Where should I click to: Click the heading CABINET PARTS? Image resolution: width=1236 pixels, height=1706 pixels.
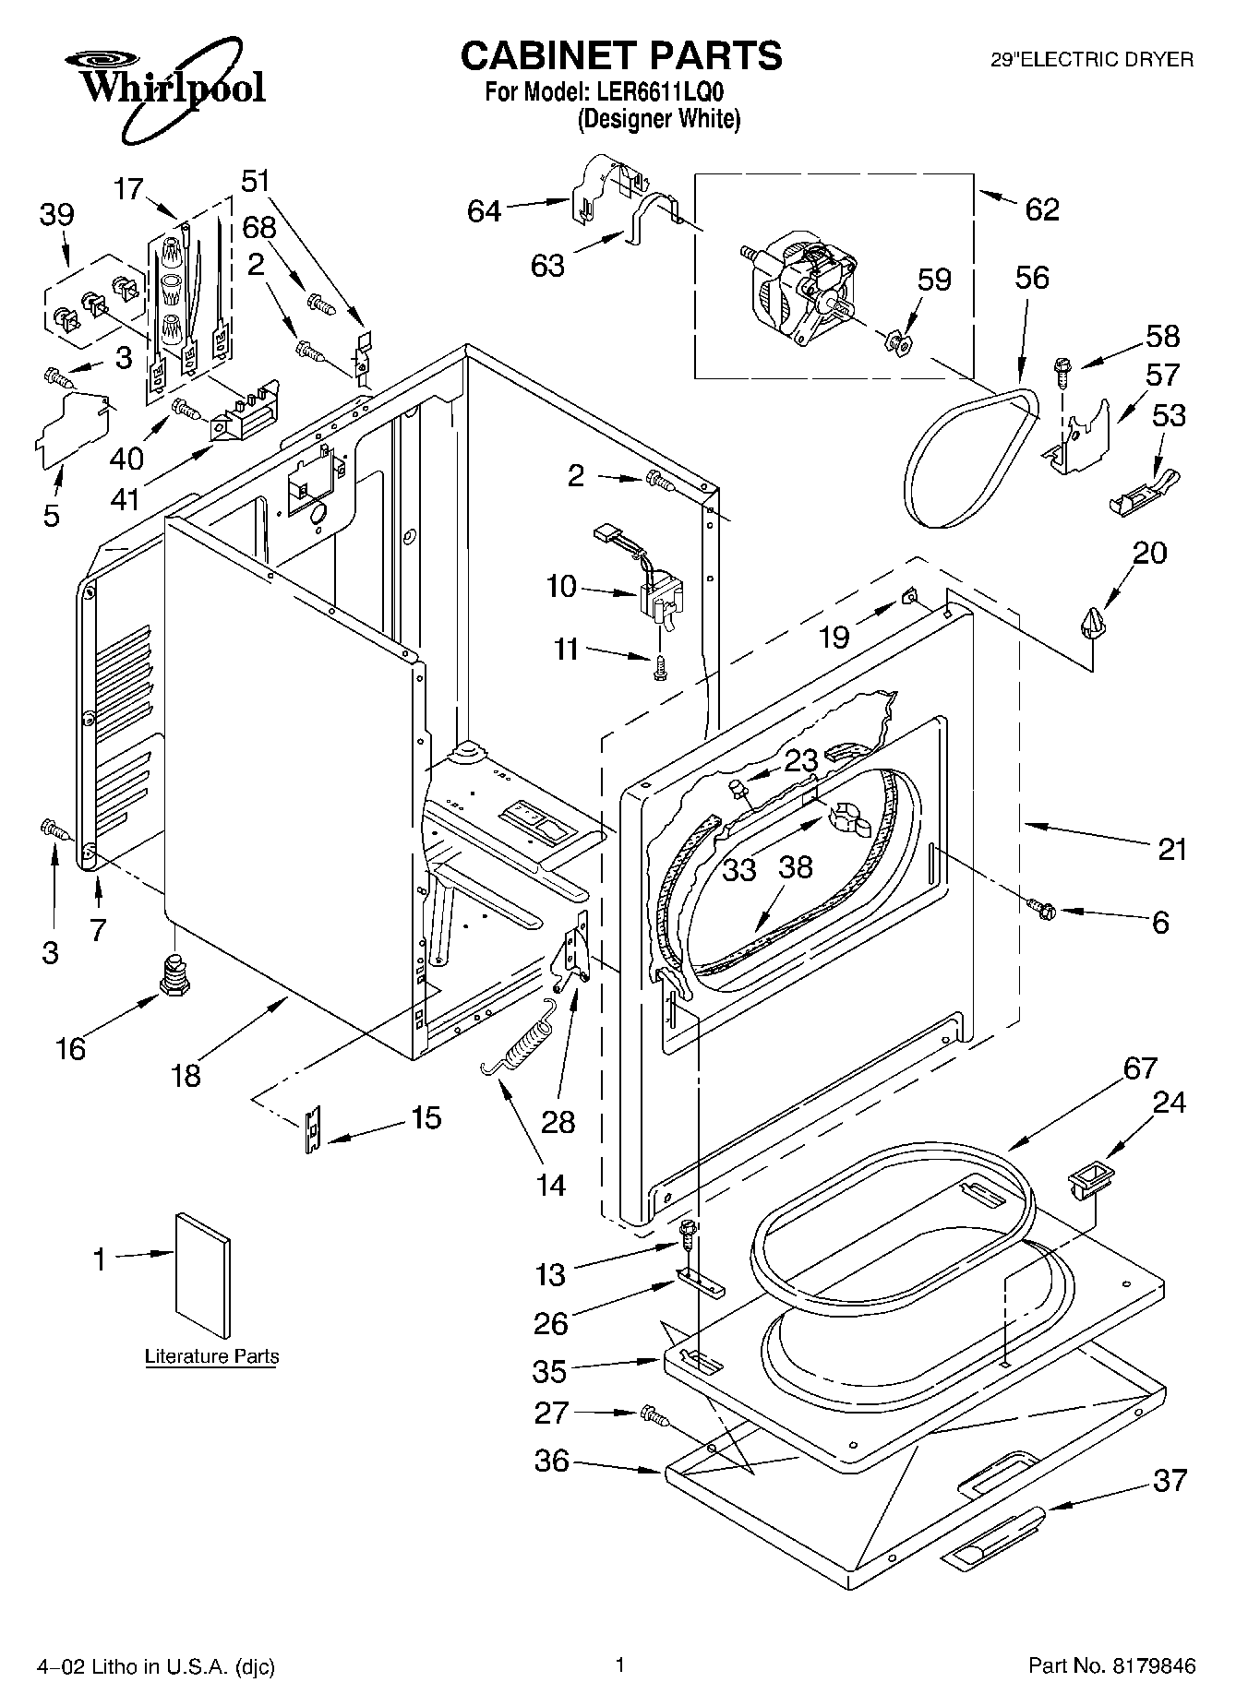pyautogui.click(x=621, y=55)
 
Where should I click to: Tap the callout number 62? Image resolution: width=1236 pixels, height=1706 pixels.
pyautogui.click(x=1042, y=209)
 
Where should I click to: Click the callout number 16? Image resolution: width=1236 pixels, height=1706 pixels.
pyautogui.click(x=71, y=1048)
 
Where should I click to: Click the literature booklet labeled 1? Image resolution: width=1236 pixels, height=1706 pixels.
pyautogui.click(x=202, y=1274)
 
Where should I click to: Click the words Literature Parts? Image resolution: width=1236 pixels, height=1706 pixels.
pyautogui.click(x=211, y=1356)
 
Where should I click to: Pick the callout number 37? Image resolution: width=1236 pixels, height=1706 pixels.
pyautogui.click(x=1170, y=1480)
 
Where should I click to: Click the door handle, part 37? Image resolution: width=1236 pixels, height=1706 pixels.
pyautogui.click(x=993, y=1534)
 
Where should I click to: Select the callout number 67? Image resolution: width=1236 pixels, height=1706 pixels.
pyautogui.click(x=1140, y=1068)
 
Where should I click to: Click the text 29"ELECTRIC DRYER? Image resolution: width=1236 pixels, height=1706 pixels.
pyautogui.click(x=1092, y=60)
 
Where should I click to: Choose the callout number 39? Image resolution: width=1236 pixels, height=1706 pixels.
pyautogui.click(x=56, y=214)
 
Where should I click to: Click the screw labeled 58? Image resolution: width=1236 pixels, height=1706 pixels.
pyautogui.click(x=1062, y=372)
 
